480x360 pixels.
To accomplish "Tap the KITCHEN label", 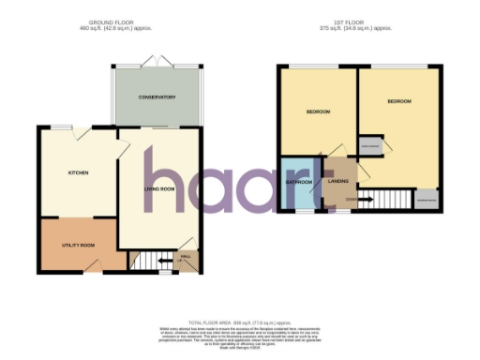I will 77,173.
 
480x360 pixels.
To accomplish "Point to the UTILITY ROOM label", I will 78,246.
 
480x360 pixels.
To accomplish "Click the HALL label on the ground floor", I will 185,255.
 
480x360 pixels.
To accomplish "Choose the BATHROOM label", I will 299,181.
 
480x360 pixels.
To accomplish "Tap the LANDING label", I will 337,181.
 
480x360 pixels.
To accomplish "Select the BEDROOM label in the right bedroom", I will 399,100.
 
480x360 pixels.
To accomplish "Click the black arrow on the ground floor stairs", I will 165,262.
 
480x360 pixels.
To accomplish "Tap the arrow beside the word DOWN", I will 364,199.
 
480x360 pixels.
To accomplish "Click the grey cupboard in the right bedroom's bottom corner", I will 427,200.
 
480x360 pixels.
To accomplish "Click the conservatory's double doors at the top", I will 155,62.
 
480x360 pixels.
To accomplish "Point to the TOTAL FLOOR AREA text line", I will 240,321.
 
